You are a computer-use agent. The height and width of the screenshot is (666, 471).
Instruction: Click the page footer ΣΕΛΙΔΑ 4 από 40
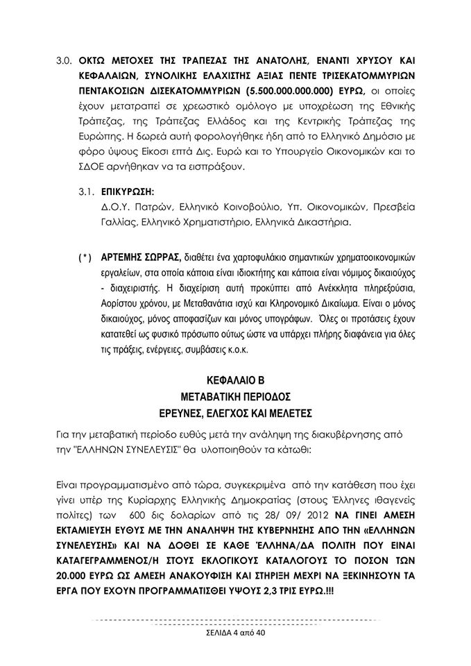pos(235,633)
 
